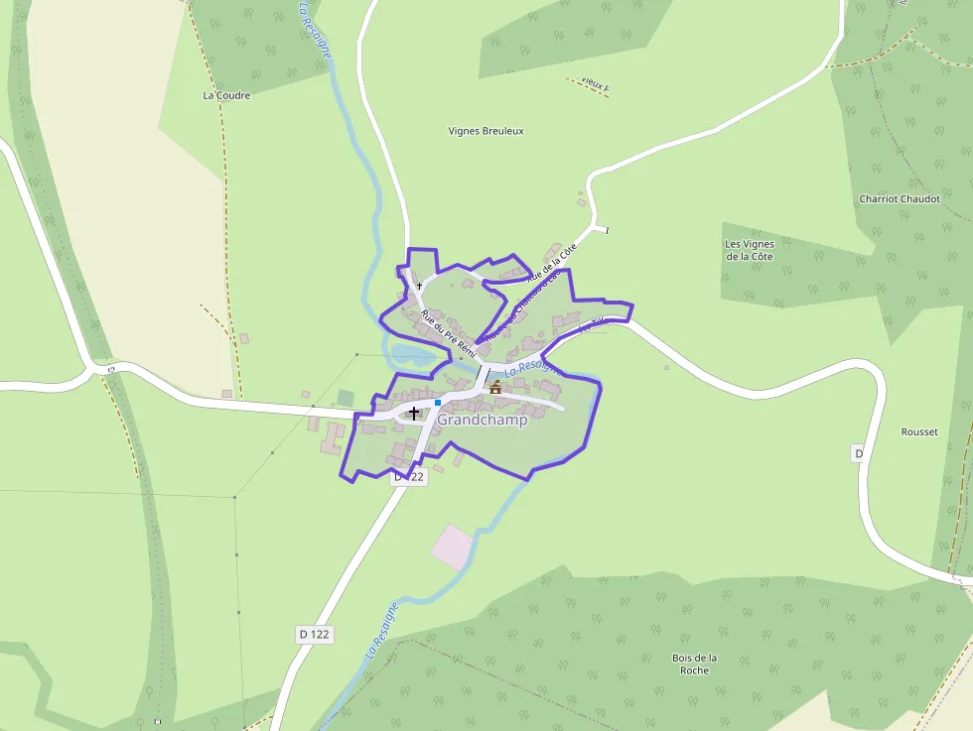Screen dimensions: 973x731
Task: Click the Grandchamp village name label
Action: tap(483, 420)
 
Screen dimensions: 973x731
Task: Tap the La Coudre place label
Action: tap(226, 96)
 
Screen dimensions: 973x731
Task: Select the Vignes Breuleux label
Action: tap(486, 131)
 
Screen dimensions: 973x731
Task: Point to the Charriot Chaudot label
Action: tap(899, 198)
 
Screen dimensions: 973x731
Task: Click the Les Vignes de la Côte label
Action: tap(749, 250)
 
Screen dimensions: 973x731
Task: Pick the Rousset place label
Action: tap(918, 432)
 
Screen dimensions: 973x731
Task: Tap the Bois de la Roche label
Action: tap(694, 664)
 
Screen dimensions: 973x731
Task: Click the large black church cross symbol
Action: tap(414, 412)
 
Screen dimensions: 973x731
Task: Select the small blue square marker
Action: tap(437, 403)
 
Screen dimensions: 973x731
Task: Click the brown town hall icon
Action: tap(495, 387)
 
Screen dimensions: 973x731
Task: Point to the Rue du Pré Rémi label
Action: tap(449, 334)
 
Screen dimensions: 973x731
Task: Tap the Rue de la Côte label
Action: tap(552, 264)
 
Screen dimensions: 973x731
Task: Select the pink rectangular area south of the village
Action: tap(453, 547)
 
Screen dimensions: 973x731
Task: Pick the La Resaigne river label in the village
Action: tap(533, 370)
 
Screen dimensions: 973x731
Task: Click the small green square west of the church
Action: tap(346, 398)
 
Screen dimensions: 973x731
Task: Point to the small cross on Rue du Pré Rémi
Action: tap(419, 286)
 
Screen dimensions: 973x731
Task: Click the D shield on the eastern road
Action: tap(859, 453)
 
